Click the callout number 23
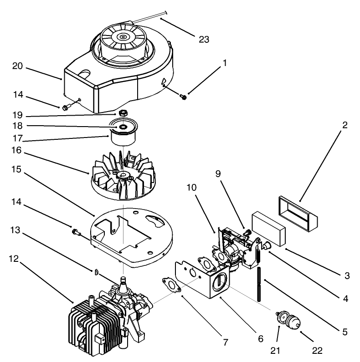[x=204, y=39]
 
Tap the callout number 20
[x=17, y=66]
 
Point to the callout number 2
[x=345, y=125]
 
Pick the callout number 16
[x=17, y=149]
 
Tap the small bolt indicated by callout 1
[x=184, y=96]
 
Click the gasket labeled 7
[x=171, y=286]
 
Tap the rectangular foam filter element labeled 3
[x=268, y=226]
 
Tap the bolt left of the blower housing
[x=67, y=107]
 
